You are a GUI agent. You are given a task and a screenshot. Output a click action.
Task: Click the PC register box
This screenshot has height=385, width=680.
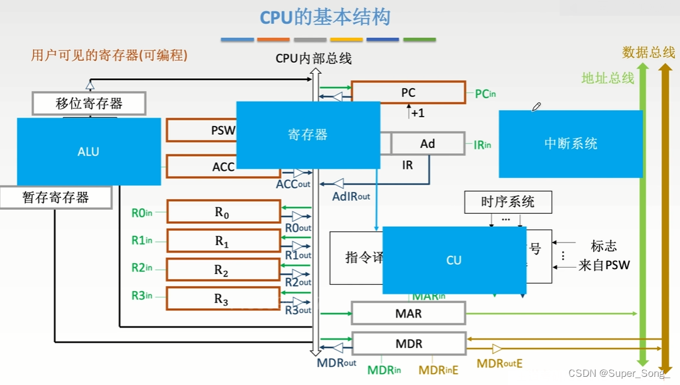(408, 93)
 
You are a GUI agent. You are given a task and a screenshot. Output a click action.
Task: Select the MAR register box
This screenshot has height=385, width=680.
(408, 313)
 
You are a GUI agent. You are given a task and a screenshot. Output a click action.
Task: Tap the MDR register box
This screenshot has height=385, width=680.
(408, 344)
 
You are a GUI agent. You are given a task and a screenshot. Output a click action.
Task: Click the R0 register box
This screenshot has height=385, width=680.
(223, 212)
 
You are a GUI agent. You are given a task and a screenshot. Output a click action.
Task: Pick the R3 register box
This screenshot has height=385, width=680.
(223, 299)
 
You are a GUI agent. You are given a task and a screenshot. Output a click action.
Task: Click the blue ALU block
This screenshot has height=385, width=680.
(89, 151)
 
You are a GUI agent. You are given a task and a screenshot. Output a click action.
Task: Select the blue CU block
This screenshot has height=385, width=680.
(454, 260)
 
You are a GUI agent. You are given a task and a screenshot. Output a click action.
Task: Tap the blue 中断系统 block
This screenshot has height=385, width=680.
(570, 144)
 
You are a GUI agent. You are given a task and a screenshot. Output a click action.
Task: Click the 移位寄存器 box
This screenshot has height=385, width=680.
(89, 103)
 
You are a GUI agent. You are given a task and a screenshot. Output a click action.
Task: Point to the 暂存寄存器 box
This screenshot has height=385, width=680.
(55, 198)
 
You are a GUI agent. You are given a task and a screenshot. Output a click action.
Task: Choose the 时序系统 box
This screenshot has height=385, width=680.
(507, 202)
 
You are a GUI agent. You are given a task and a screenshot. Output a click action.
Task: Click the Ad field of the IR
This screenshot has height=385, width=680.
(428, 144)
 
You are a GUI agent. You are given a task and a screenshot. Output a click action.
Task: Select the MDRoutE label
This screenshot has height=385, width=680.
(499, 364)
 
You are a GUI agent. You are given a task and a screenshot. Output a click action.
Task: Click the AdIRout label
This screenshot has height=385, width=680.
(351, 196)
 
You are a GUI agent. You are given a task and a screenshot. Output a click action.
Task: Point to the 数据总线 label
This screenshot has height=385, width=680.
(648, 53)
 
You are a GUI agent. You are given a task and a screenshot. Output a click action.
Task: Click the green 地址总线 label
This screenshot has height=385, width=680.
(608, 78)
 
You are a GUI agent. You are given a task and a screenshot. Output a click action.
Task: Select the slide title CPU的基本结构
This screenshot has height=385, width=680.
(325, 17)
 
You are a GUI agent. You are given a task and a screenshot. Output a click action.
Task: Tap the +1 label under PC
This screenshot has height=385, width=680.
(417, 113)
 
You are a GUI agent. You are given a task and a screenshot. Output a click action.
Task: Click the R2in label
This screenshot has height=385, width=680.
(142, 268)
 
